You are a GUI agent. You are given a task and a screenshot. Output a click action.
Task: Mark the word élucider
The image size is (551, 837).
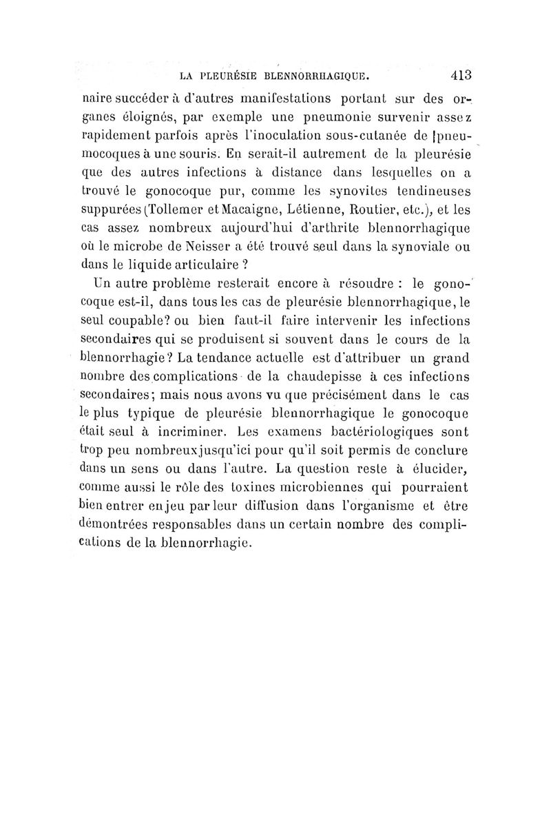pos(435,470)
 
